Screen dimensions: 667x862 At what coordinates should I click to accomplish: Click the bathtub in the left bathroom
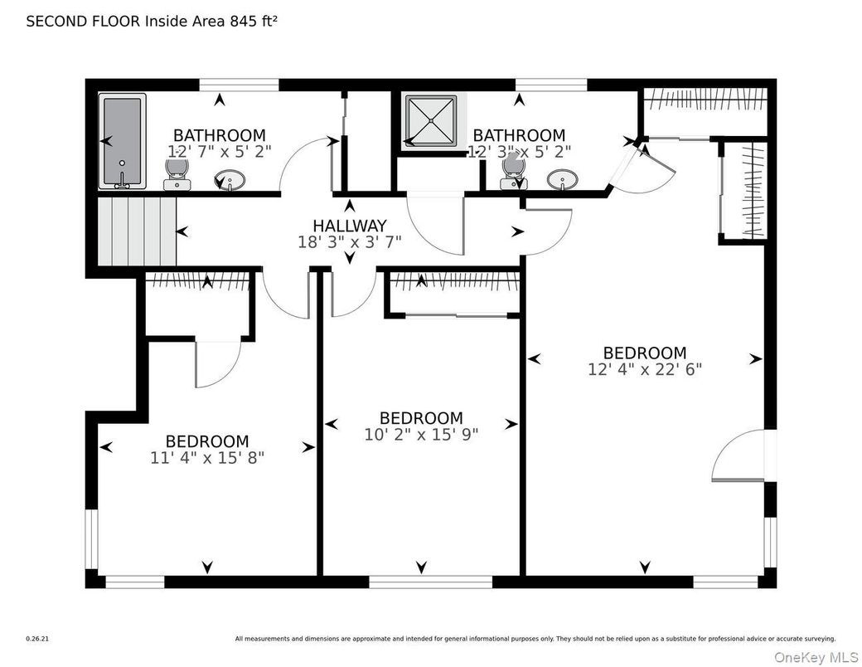pos(123,141)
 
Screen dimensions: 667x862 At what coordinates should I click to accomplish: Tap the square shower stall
pos(430,122)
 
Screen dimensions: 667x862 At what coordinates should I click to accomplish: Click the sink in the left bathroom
pos(230,179)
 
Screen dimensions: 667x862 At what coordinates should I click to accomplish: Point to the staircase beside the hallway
pos(137,231)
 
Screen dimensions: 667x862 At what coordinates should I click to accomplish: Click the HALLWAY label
pos(349,226)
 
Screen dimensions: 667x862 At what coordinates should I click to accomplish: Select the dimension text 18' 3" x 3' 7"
pos(349,242)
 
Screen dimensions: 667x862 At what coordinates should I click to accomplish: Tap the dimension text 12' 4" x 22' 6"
pos(644,369)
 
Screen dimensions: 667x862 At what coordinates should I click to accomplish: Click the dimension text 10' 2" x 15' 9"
pos(421,434)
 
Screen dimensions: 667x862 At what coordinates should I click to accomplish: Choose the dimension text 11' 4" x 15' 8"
pos(206,457)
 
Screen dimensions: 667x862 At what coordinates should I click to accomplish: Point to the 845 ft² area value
pos(253,22)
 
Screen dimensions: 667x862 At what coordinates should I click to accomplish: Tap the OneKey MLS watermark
pos(815,656)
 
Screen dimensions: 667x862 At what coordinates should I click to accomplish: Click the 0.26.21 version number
pos(37,639)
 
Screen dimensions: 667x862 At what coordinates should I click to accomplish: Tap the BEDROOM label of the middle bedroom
pos(421,418)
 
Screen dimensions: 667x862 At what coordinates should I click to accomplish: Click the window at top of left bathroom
pos(239,84)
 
